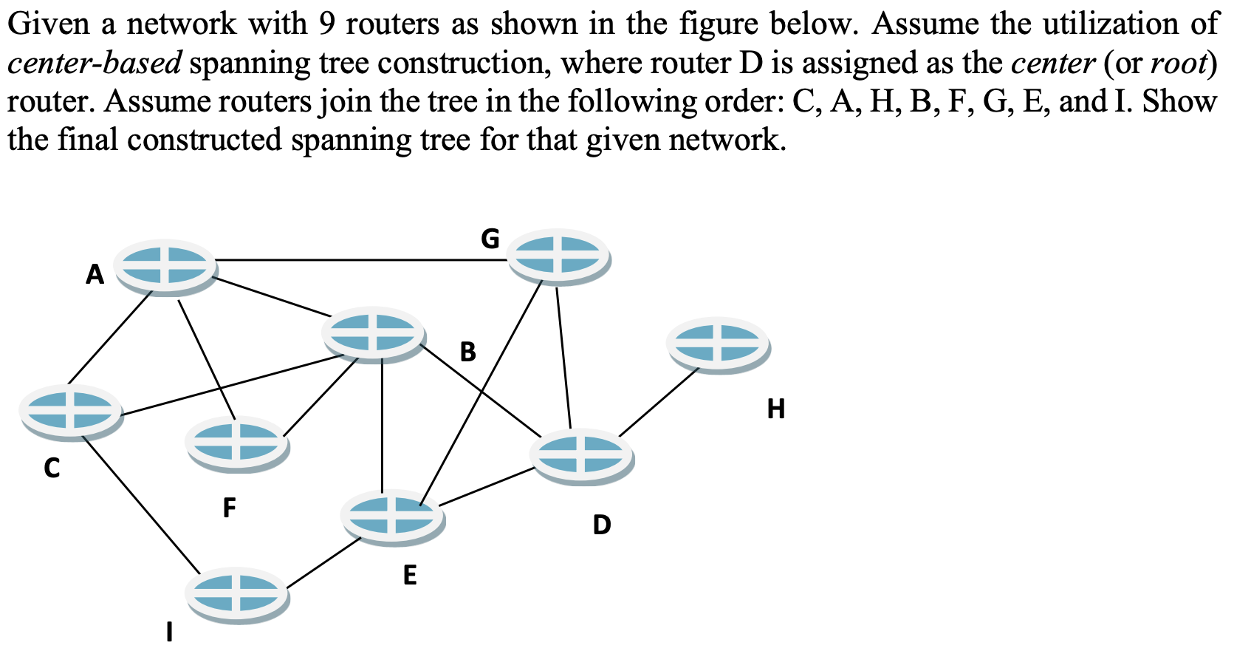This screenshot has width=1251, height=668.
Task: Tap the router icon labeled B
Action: [x=373, y=333]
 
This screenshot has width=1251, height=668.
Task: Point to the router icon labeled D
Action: [x=581, y=454]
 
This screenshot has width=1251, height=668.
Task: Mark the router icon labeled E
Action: [x=392, y=516]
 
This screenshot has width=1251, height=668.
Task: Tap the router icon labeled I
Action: [x=236, y=593]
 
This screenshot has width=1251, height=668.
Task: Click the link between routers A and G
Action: [x=362, y=260]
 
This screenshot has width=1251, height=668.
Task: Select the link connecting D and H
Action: [x=657, y=403]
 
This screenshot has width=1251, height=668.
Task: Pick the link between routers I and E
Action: [x=323, y=563]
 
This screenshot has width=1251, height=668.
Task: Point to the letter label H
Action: [x=775, y=408]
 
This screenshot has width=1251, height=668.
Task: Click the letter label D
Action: [x=602, y=525]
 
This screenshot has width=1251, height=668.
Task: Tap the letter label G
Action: [x=490, y=239]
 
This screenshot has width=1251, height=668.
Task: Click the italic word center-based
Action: [x=94, y=64]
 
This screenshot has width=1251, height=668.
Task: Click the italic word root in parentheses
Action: [x=1177, y=64]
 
